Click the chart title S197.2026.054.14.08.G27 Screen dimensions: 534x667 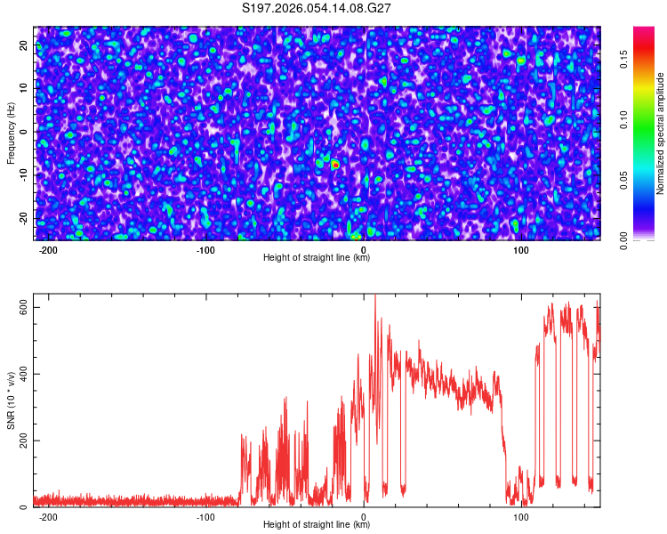[x=317, y=8]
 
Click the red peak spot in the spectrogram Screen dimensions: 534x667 [x=335, y=165]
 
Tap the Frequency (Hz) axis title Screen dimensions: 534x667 [x=11, y=133]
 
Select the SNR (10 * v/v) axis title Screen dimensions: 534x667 [x=11, y=400]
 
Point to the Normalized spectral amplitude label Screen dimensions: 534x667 [x=661, y=133]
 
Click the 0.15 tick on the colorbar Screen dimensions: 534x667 [x=624, y=59]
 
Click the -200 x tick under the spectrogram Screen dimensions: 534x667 [x=48, y=250]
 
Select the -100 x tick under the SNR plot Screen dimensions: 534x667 [x=206, y=517]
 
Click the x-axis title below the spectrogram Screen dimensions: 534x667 [x=317, y=258]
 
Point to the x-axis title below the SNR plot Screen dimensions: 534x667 [x=317, y=525]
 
